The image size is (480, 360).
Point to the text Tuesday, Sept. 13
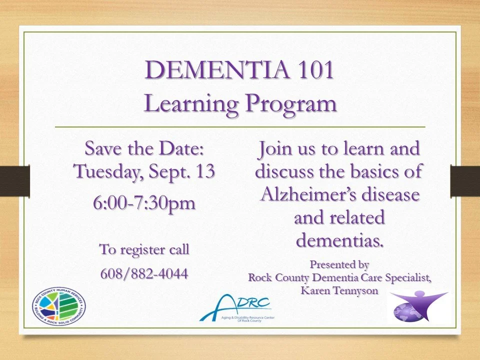pyautogui.click(x=144, y=171)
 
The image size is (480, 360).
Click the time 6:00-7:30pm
pyautogui.click(x=144, y=204)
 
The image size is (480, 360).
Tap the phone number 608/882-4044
pyautogui.click(x=144, y=273)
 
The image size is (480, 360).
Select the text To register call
pyautogui.click(x=144, y=249)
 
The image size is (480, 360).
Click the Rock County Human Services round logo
pyautogui.click(x=59, y=305)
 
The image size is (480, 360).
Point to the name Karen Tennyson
pyautogui.click(x=339, y=290)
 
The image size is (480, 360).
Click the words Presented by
pyautogui.click(x=339, y=263)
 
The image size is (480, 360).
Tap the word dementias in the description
pyautogui.click(x=339, y=240)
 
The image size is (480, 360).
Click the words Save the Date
pyautogui.click(x=144, y=148)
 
